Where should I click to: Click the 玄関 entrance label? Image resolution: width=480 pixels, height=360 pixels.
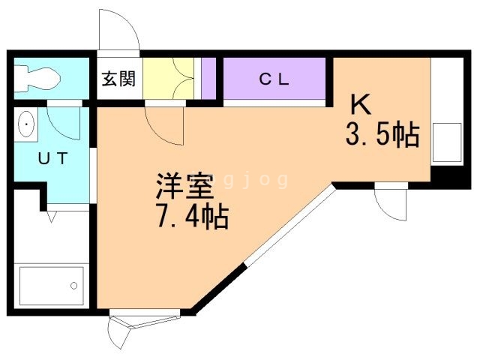click(x=118, y=78)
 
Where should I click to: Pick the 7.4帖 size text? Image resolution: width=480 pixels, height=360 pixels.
click(x=191, y=217)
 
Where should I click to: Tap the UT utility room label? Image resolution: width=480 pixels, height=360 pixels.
click(x=53, y=158)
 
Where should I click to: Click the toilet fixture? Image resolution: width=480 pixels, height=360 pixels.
click(x=37, y=77)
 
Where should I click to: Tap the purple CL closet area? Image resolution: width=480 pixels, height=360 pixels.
click(x=274, y=78)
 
